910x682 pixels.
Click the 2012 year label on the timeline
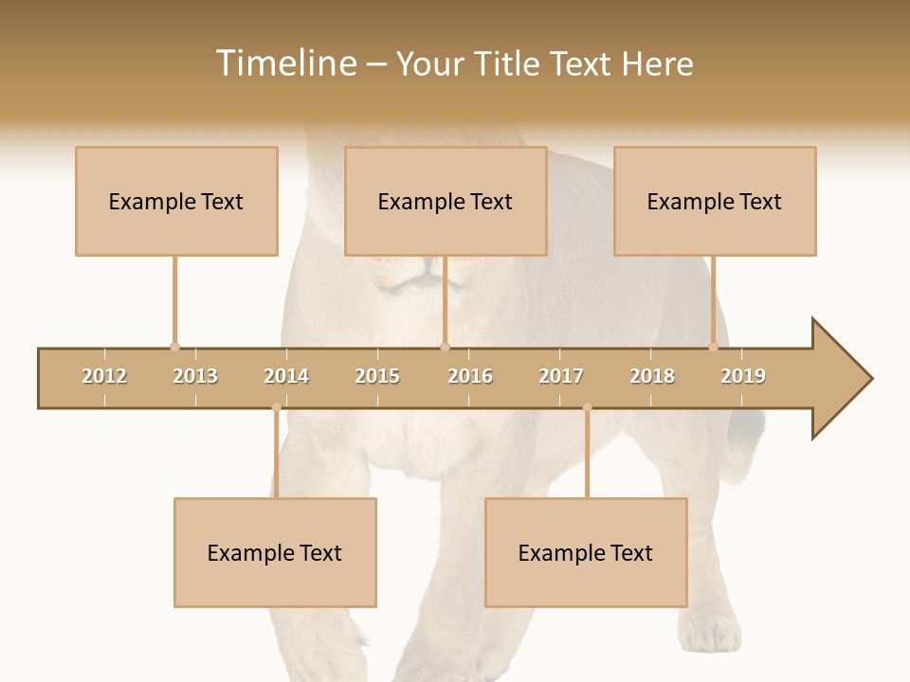tap(104, 376)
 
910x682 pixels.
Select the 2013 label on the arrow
tap(195, 376)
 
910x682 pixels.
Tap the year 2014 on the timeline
tap(286, 376)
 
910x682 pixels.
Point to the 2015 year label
tap(377, 376)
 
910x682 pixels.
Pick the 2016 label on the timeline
tap(470, 376)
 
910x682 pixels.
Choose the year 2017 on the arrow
tap(561, 376)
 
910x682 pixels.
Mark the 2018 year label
tap(652, 376)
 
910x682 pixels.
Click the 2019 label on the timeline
tap(743, 376)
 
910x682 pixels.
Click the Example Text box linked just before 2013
tap(176, 201)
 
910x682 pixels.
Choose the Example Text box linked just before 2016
tap(446, 201)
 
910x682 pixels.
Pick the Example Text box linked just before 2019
tap(715, 201)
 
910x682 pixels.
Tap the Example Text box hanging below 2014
tap(275, 552)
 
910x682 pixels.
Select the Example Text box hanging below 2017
tap(586, 552)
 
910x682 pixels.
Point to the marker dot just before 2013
tap(174, 347)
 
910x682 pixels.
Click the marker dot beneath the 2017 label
tap(587, 407)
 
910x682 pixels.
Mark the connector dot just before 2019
tap(713, 347)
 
